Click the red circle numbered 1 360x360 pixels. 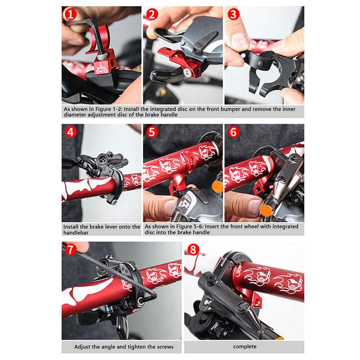[x=71, y=14]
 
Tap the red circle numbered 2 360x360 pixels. [x=152, y=14]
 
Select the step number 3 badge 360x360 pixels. [x=234, y=14]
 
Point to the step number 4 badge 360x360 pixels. [x=71, y=132]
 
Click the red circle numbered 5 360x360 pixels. [x=152, y=132]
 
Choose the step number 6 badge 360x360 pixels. [x=234, y=132]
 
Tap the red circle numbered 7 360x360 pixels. [x=71, y=250]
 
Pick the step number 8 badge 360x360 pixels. [x=193, y=250]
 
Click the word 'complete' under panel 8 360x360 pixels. [x=245, y=346]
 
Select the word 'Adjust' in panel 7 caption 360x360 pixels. [x=82, y=347]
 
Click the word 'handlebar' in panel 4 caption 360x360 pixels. [x=76, y=233]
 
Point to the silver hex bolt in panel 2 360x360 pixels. [x=186, y=72]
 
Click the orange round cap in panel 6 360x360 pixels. [x=266, y=211]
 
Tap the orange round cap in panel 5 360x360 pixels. [x=217, y=186]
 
